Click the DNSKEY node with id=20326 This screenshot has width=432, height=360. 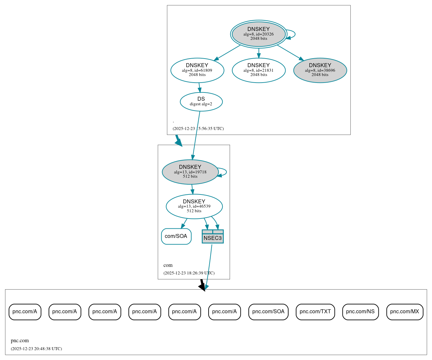click(259, 34)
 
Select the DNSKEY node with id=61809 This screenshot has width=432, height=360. click(197, 70)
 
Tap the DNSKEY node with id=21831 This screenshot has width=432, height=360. click(259, 70)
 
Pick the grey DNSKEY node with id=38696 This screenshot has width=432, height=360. click(320, 70)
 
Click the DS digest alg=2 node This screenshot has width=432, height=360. click(201, 102)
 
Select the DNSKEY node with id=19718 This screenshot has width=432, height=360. click(190, 172)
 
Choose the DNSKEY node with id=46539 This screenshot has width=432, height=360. click(194, 206)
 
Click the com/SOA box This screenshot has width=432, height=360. click(176, 236)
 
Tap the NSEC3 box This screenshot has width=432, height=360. click(213, 237)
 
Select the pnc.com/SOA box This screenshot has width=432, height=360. click(268, 312)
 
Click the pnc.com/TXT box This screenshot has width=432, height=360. click(315, 312)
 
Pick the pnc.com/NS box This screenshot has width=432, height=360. click(360, 312)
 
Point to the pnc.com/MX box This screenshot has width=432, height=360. click(404, 312)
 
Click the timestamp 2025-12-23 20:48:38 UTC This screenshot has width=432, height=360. click(36, 349)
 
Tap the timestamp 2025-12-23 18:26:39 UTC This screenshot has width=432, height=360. click(189, 273)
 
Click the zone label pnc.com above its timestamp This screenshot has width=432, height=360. click(20, 341)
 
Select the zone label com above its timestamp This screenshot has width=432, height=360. click(168, 265)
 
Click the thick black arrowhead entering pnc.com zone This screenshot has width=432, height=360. click(202, 287)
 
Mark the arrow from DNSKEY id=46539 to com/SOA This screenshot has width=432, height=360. click(184, 223)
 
